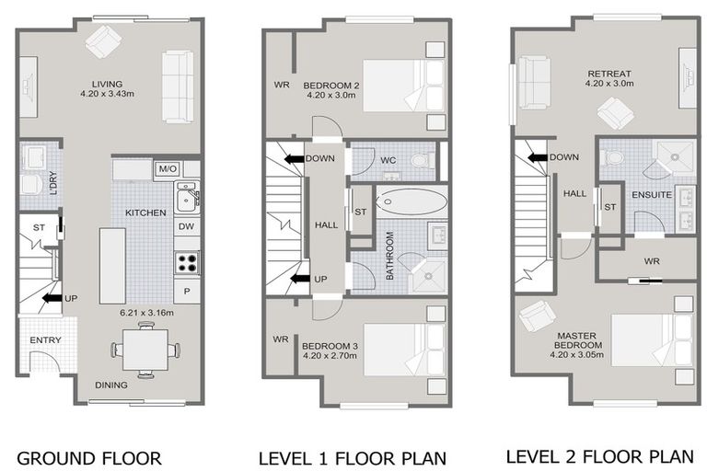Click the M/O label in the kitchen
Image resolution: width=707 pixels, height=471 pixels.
tap(168, 169)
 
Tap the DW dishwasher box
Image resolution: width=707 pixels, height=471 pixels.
tap(186, 226)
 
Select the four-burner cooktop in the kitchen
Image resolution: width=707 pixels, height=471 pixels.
tap(187, 263)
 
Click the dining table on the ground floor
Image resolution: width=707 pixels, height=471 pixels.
tap(145, 350)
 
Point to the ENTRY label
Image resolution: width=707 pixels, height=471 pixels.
tap(45, 339)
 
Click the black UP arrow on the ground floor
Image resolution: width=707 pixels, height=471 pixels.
tap(52, 298)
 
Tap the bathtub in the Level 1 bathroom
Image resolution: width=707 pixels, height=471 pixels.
tap(411, 201)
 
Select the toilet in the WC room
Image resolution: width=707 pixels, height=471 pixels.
tap(423, 160)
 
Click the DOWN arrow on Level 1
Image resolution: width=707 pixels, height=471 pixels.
tap(295, 158)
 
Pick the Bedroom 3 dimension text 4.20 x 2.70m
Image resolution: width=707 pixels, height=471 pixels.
tap(330, 356)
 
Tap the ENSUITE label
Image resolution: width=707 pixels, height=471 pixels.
tap(652, 195)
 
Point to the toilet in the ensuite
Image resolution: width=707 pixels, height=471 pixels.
tap(612, 157)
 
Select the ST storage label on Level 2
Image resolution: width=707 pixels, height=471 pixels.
tap(609, 207)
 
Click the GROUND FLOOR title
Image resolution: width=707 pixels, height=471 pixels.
tap(88, 458)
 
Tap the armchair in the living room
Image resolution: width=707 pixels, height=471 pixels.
tap(104, 41)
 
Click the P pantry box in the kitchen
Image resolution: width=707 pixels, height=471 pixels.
tap(187, 292)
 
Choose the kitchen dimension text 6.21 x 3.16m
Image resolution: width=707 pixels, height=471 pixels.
tap(147, 313)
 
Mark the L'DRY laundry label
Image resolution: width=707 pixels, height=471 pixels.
tap(52, 182)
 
